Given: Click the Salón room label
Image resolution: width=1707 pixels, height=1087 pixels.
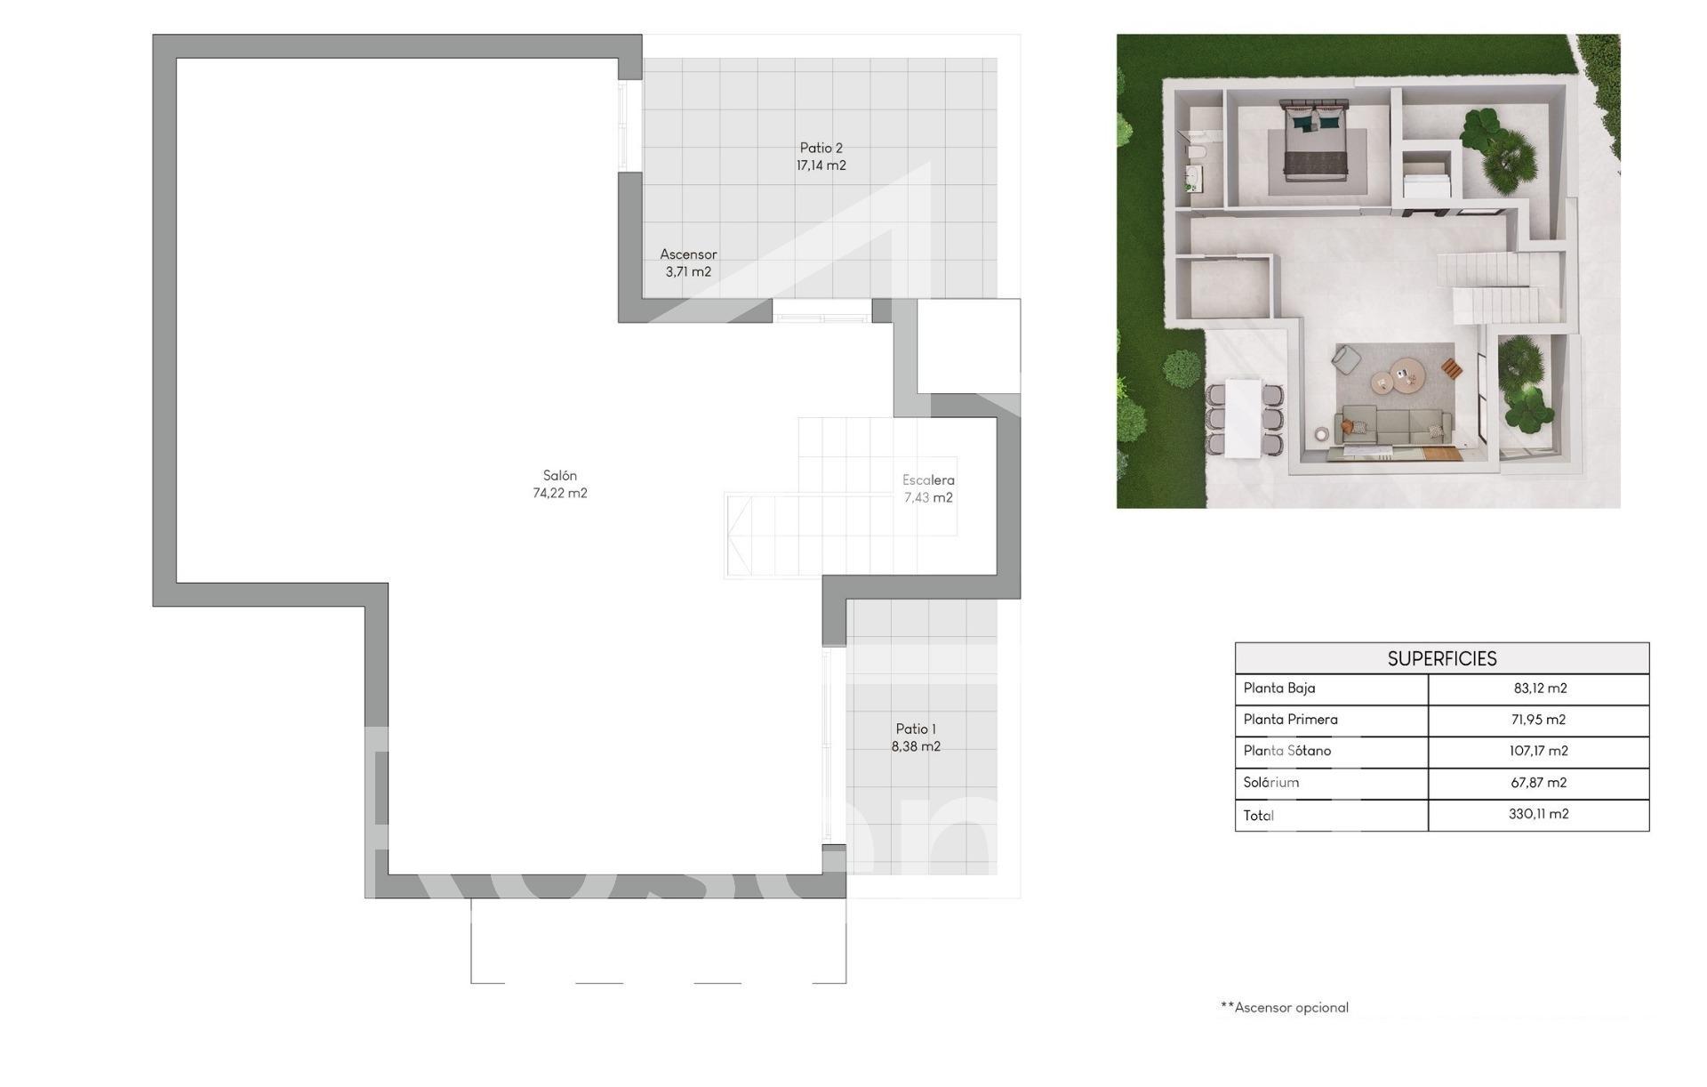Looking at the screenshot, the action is pos(560,476).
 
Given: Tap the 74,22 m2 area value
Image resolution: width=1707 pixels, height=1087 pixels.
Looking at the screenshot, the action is pos(560,494).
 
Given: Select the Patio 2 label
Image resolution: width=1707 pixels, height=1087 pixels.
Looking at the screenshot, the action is pos(821,148).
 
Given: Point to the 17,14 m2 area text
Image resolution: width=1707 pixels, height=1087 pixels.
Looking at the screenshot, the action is pos(821,165).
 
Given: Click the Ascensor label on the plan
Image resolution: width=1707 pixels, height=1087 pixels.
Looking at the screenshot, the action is pos(688,254).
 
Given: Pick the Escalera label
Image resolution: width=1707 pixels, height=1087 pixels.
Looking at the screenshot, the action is pos(928,480).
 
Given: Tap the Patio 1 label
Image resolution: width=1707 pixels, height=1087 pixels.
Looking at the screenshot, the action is pos(916,729).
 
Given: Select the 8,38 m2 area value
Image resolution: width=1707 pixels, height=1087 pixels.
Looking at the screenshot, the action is pos(916,747).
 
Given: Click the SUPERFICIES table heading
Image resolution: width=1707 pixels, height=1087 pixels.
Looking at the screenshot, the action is pos(1442,659).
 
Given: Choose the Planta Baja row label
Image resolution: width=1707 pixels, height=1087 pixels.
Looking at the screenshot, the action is pos(1279,688).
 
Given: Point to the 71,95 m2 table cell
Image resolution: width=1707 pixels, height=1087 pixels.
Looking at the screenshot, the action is pos(1539,720).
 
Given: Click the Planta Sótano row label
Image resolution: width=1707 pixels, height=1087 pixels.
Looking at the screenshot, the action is pos(1287,751).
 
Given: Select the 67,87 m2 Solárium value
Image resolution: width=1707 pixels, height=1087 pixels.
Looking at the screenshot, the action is pos(1539,783).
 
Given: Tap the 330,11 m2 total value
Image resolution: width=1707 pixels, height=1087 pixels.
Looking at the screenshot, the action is pos(1539,814).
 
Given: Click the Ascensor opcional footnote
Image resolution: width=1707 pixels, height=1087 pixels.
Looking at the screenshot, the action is pos(1285,1008).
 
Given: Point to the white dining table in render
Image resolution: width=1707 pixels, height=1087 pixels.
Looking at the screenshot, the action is pos(1243,418).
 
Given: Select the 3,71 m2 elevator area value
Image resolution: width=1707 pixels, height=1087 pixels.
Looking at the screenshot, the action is pos(688,272).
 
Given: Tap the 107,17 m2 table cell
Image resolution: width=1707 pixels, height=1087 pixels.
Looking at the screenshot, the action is pos(1539,751).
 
